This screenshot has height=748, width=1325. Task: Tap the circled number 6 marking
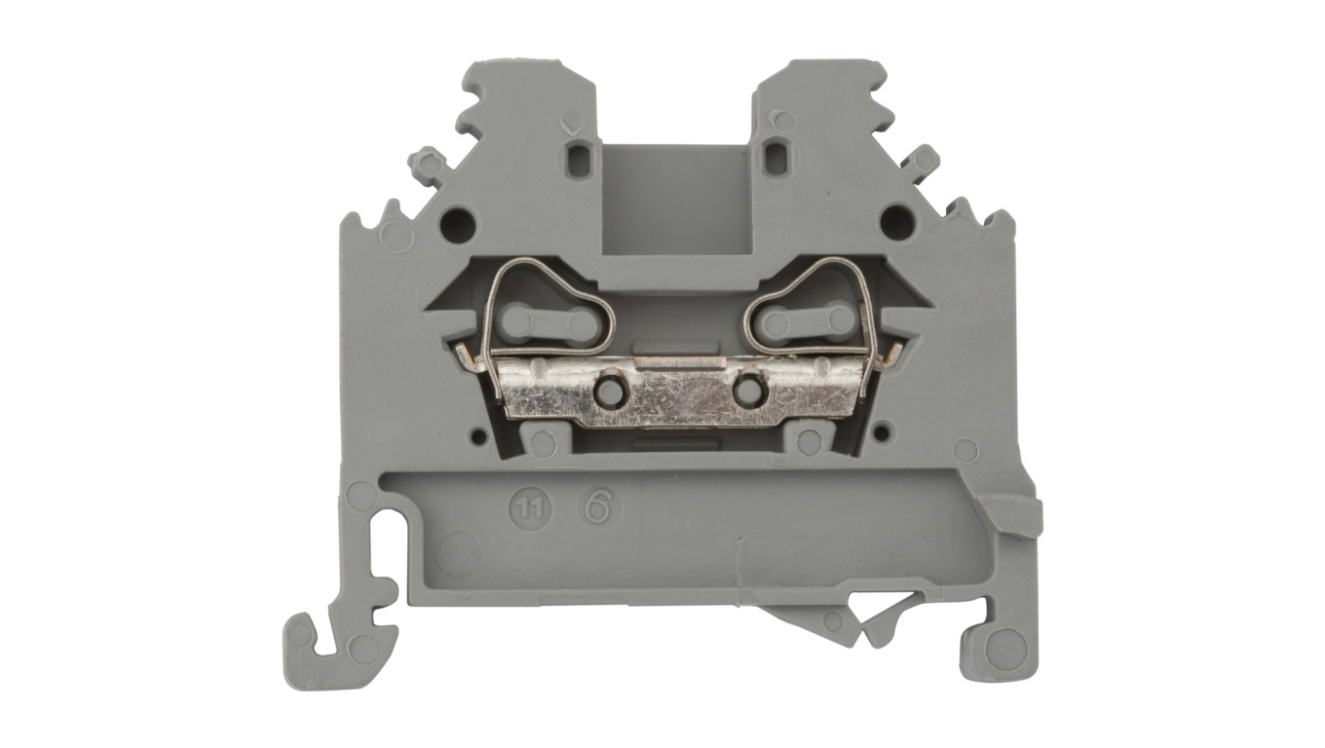point(596,507)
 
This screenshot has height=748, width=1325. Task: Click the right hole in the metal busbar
point(748,389)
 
